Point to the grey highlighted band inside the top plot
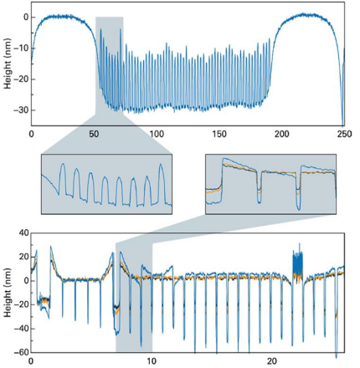click(x=110, y=67)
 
